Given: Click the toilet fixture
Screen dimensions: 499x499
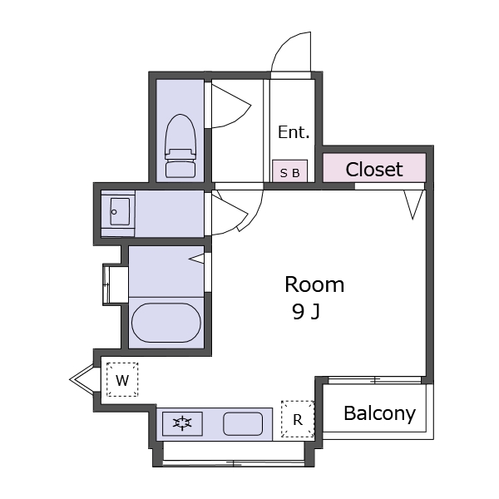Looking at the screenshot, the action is pos(180,146).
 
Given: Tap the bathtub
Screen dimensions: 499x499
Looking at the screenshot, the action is pos(166,323).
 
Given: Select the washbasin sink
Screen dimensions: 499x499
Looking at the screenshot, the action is pos(120,211).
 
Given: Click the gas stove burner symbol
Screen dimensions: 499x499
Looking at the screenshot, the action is pos(182,423).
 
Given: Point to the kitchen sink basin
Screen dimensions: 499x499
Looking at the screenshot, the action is pos(243,423).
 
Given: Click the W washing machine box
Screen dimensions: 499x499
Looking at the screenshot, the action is pos(122,379).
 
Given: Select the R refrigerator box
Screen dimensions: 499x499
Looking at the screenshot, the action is pos(298,419).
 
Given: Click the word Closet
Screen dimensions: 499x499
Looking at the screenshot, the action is pos(374,170).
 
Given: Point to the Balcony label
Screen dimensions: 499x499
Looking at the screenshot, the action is pos(380,413).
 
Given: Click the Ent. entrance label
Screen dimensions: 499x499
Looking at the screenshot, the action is pos(294,132).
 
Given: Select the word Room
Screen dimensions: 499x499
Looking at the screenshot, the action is pos(314,284).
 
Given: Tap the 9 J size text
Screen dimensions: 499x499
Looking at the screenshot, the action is pos(306,312).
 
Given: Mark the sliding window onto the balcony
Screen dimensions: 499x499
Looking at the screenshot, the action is pos(374,380).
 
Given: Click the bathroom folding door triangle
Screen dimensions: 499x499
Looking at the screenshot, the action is pos(196,258).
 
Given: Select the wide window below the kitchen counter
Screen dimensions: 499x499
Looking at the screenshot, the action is pos(234,463).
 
